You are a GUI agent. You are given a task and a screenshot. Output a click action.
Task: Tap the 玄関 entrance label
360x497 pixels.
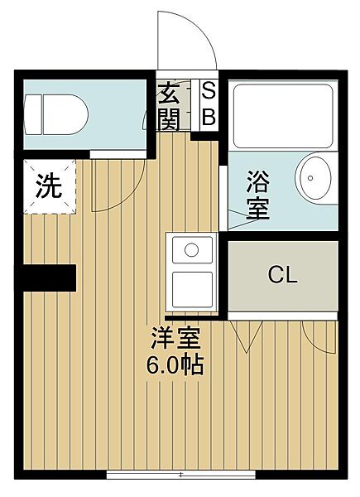click(x=168, y=106)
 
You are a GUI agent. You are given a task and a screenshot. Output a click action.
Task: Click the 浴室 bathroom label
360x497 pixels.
click(x=258, y=193)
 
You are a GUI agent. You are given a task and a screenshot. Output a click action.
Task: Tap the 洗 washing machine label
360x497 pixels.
click(x=48, y=186)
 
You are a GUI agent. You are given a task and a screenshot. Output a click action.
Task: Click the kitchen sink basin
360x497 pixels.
click(x=192, y=249)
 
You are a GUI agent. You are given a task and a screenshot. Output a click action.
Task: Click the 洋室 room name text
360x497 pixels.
click(x=175, y=338)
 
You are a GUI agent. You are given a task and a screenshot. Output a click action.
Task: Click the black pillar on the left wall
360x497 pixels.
click(x=49, y=277)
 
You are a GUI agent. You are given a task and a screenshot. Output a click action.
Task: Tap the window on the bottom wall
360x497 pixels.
click(x=180, y=475)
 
